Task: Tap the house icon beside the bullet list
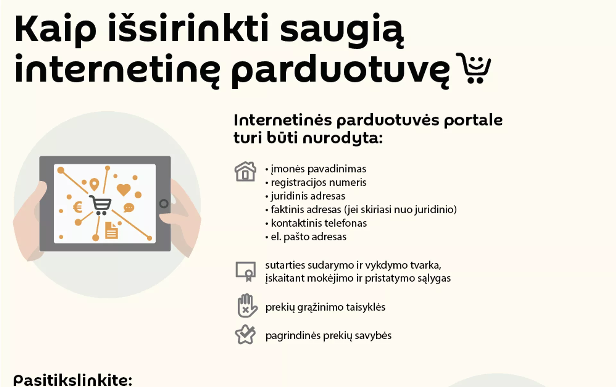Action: [245, 171]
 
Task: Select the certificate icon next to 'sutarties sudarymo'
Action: [246, 271]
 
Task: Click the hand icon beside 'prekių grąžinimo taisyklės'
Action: [247, 305]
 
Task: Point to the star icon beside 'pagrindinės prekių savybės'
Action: [245, 334]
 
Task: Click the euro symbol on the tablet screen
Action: [78, 207]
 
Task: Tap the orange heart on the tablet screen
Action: [124, 190]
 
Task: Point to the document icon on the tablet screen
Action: [112, 230]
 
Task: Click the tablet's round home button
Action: [164, 203]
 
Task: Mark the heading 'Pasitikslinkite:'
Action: [73, 380]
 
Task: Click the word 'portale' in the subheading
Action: [473, 121]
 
